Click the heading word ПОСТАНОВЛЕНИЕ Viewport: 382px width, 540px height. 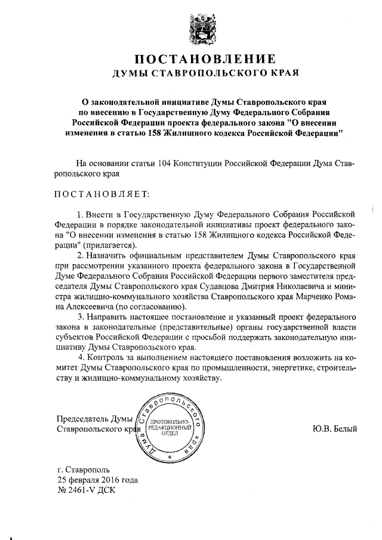click(205, 59)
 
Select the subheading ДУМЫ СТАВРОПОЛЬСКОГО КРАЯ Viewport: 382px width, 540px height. click(205, 74)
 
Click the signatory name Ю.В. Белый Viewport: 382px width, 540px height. click(334, 428)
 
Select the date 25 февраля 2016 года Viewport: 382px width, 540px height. click(98, 479)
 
